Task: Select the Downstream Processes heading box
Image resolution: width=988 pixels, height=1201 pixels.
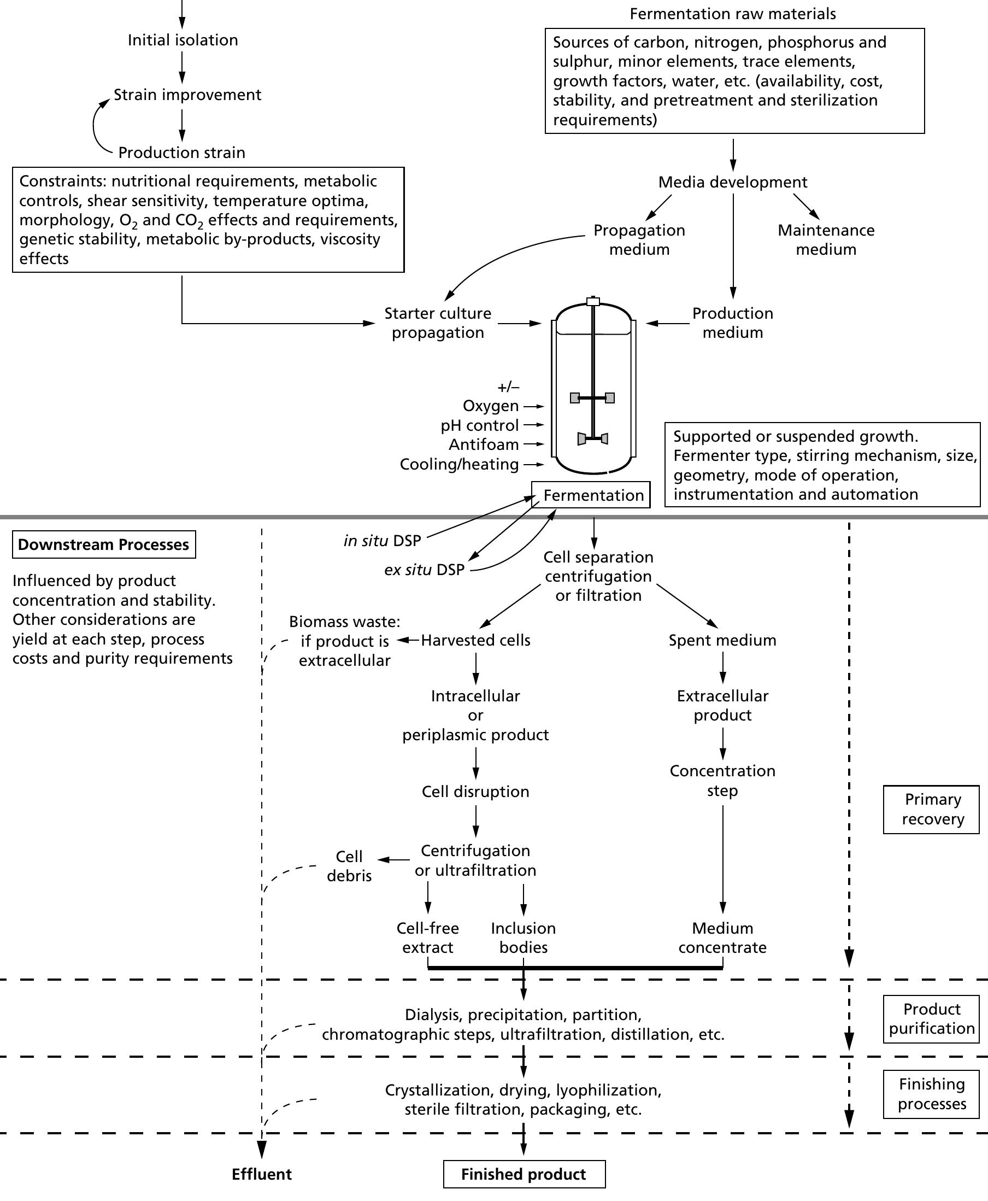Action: [104, 544]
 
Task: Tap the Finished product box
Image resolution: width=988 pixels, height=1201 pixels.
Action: [524, 1174]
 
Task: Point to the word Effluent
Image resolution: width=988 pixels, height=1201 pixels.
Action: [261, 1174]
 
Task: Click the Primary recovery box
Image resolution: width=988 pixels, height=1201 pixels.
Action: [931, 810]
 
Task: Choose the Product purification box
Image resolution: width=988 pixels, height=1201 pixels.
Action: [931, 1019]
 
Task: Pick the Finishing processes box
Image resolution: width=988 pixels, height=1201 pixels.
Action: [931, 1094]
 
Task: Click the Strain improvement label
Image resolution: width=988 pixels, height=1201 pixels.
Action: [187, 95]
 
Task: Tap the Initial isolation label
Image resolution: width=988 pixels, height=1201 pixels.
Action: [183, 40]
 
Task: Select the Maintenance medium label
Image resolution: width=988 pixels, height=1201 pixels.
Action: [826, 239]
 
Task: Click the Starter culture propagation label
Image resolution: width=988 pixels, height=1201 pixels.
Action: [438, 323]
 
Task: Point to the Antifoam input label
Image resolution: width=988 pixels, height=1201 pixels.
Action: [484, 444]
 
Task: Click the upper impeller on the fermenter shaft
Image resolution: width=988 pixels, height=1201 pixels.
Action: [592, 398]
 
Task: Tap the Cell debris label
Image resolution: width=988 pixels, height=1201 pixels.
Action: [349, 866]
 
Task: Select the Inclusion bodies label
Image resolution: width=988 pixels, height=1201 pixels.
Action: [523, 938]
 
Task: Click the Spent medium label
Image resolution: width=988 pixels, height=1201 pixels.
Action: [722, 640]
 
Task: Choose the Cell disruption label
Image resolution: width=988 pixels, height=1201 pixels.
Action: [475, 792]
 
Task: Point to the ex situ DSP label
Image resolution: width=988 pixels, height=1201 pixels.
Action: [425, 570]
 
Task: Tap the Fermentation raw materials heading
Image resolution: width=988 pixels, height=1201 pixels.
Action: [732, 14]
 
